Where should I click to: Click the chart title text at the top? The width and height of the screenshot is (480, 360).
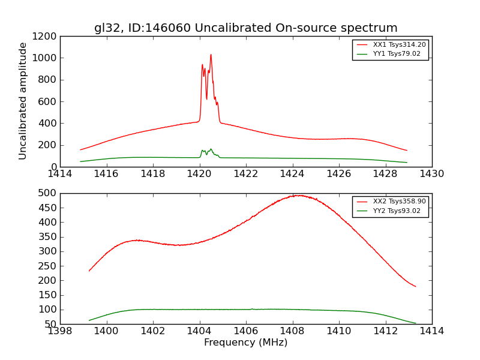[x=245, y=28]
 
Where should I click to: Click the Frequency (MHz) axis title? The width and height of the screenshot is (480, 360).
[x=245, y=343]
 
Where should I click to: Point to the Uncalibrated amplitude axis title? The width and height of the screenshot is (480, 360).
[x=23, y=101]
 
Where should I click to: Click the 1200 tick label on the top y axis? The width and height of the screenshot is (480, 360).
[x=46, y=36]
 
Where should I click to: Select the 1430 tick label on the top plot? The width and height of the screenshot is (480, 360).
[x=431, y=174]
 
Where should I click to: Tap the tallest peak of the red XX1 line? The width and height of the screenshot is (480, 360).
[x=211, y=55]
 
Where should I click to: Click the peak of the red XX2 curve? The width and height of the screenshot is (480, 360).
[x=296, y=195]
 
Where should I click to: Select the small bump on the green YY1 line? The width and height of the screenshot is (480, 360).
[x=211, y=149]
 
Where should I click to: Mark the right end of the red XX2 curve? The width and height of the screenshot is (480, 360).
[x=415, y=286]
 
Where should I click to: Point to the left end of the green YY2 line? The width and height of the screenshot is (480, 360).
[x=89, y=320]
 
